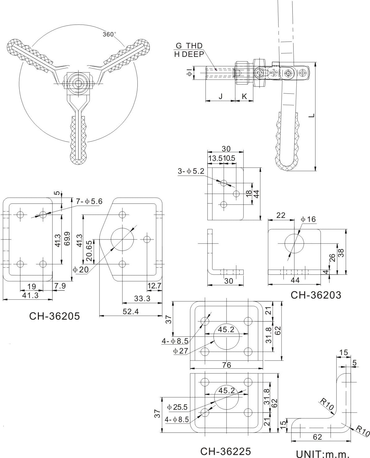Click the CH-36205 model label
tap(54, 316)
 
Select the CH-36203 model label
tap(316, 295)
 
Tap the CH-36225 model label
tap(226, 451)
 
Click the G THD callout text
tap(189, 46)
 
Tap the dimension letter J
tap(220, 96)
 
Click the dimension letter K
tap(244, 96)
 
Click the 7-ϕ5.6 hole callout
tap(89, 202)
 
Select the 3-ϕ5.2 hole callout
tap(191, 171)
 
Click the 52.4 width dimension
tap(131, 311)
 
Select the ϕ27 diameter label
tap(181, 350)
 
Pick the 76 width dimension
tap(226, 365)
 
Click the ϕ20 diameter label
tap(81, 270)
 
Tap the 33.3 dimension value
tap(142, 298)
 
